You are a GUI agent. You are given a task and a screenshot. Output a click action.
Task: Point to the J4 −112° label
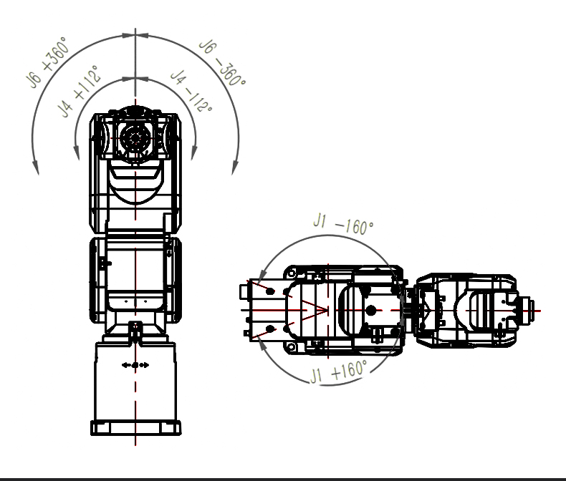pyautogui.click(x=191, y=90)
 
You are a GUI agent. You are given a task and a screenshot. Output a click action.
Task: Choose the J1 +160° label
pyautogui.click(x=339, y=371)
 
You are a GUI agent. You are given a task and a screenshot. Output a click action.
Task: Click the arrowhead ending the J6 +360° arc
pyautogui.click(x=35, y=167)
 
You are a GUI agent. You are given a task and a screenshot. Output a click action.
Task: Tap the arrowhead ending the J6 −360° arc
pyautogui.click(x=235, y=167)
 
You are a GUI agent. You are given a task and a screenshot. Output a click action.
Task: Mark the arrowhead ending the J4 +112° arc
pyautogui.click(x=77, y=152)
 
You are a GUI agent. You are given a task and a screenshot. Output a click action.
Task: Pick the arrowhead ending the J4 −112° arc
pyautogui.click(x=194, y=152)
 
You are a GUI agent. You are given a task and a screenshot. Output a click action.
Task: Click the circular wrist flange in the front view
pyautogui.click(x=135, y=137)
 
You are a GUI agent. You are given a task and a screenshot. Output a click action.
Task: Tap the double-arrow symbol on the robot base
pyautogui.click(x=135, y=365)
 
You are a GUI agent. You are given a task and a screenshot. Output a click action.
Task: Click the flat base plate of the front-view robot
pyautogui.click(x=135, y=427)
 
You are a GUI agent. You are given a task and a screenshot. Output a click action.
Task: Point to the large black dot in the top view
pyautogui.click(x=370, y=310)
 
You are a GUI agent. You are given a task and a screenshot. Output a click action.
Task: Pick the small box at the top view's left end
pyautogui.click(x=244, y=291)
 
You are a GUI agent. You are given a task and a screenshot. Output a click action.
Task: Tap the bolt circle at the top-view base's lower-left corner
pyautogui.click(x=291, y=347)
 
